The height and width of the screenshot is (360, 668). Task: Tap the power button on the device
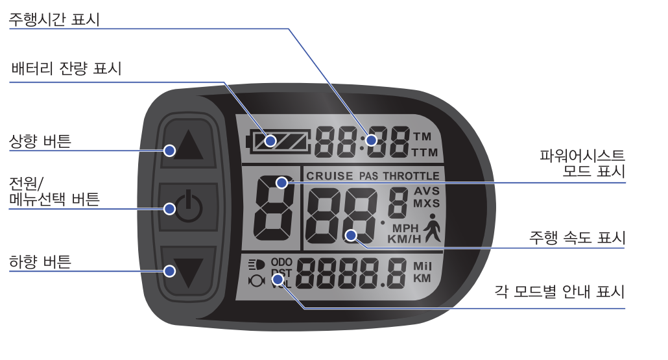188,208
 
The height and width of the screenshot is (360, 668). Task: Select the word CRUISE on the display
329,176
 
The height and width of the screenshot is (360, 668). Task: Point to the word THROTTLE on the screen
411,176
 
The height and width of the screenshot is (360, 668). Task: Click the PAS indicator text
368,176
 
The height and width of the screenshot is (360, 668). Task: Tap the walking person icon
431,230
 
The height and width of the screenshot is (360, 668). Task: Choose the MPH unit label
405,228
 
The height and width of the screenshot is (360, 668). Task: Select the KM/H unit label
405,239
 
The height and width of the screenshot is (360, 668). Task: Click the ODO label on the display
281,263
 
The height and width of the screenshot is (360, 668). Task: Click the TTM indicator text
425,153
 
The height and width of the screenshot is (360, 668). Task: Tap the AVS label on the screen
426,191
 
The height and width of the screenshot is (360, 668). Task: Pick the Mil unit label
422,266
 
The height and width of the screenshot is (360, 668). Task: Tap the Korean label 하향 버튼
40,262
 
